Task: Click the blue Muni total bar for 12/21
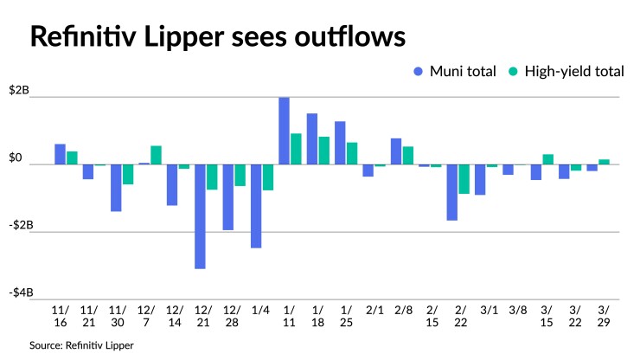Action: [200, 216]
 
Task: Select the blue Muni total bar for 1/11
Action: [284, 131]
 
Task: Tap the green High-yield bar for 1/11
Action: [296, 149]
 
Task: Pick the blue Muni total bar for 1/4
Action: [256, 206]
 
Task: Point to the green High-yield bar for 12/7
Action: [156, 155]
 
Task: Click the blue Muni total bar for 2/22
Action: [452, 192]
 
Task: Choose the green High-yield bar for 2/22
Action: [464, 179]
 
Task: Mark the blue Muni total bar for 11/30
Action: [116, 188]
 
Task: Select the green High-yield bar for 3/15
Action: [548, 159]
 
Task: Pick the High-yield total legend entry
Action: [567, 72]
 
